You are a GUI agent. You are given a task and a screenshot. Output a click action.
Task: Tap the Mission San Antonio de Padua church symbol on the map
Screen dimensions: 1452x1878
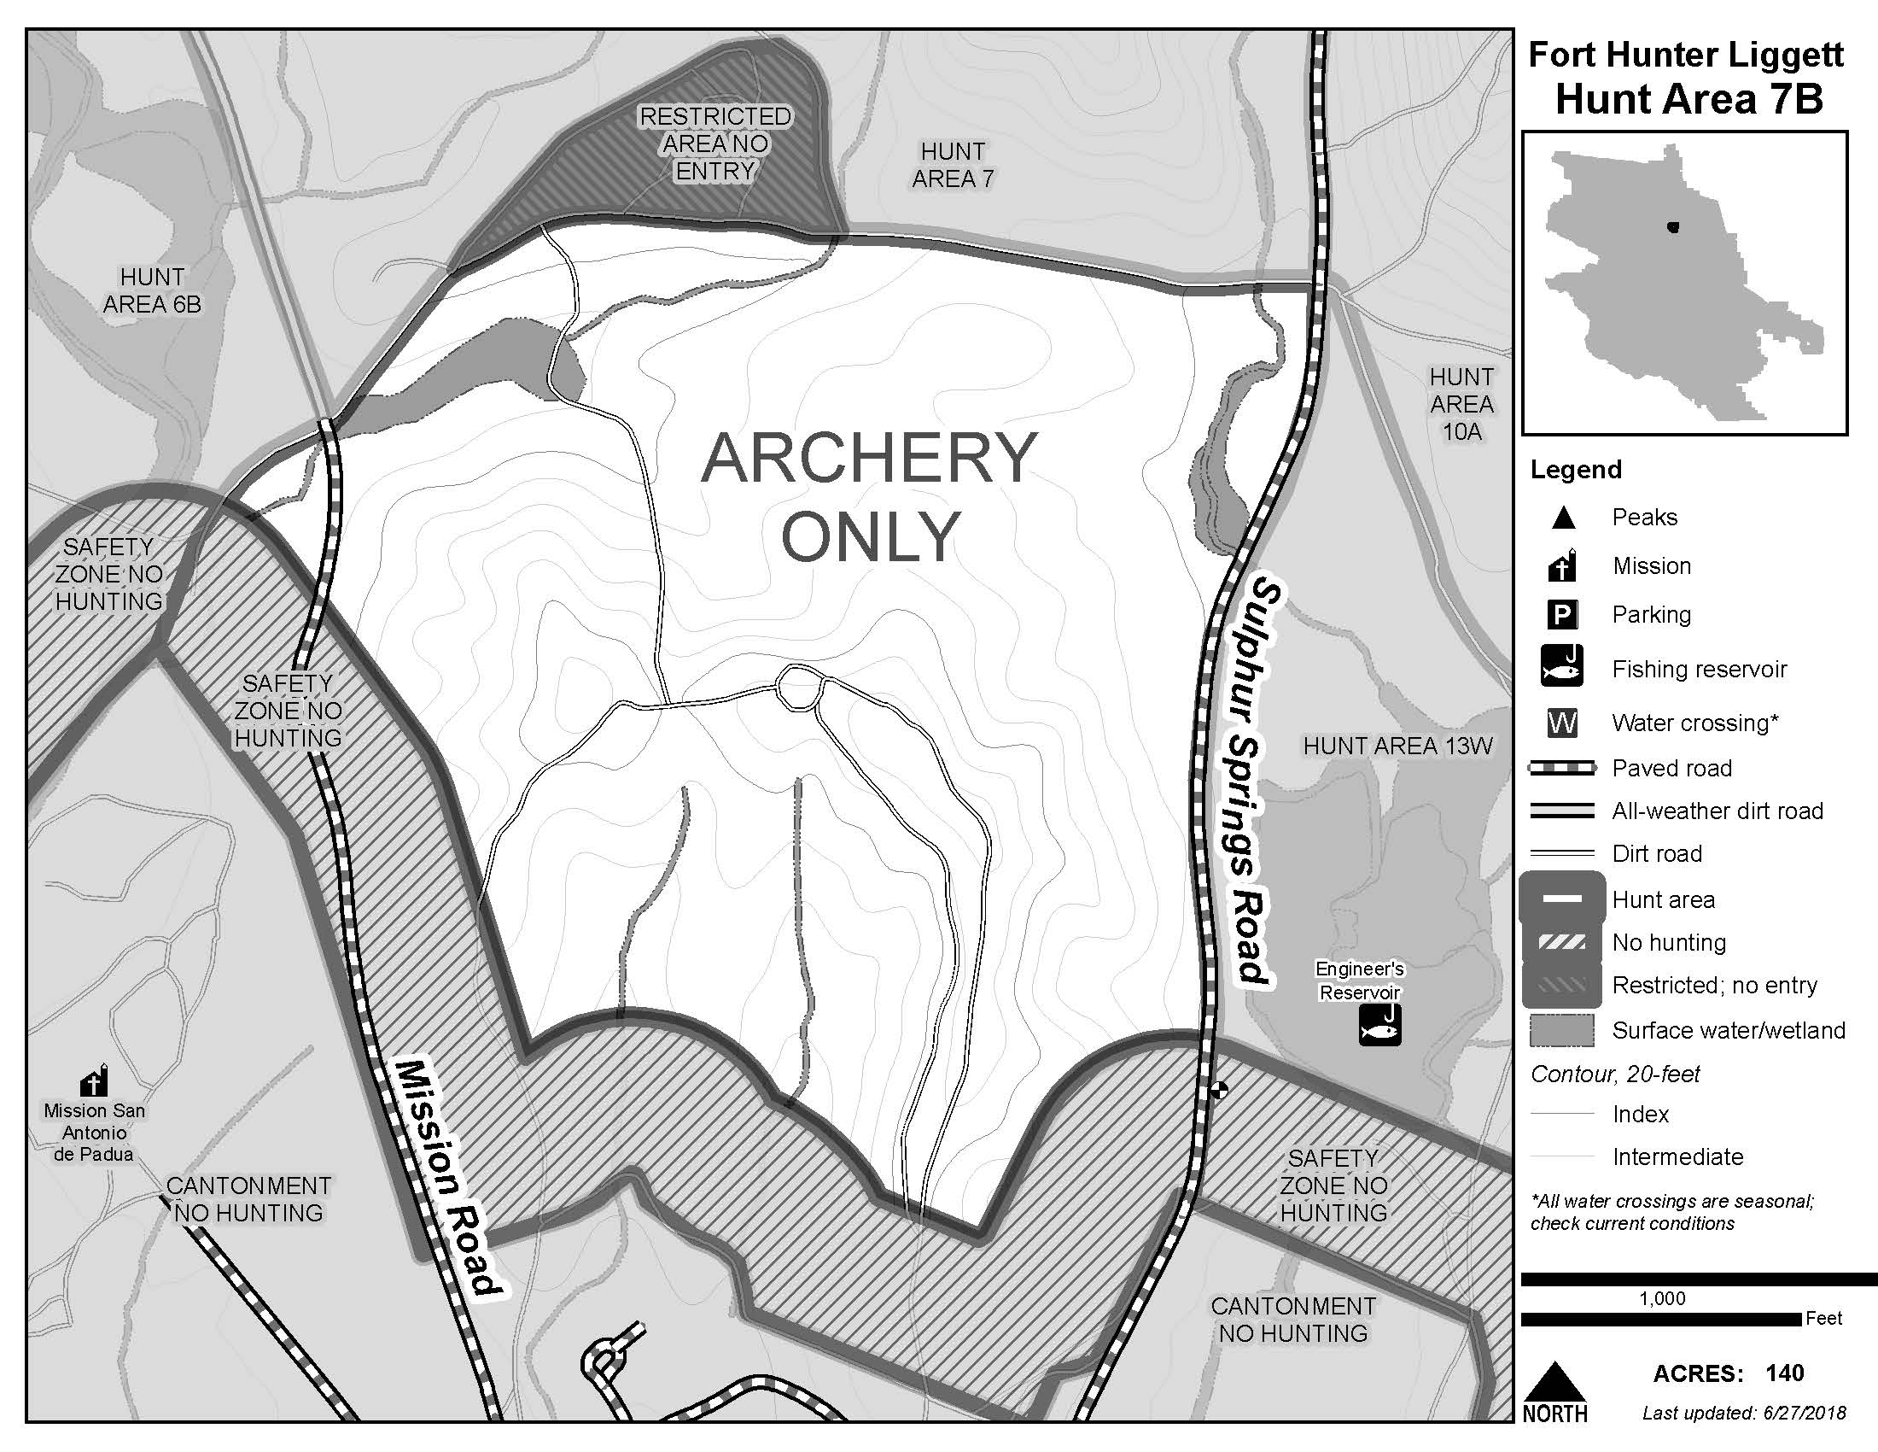coord(95,1080)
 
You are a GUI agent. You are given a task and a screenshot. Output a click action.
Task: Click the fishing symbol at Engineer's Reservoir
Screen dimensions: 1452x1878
coord(1379,1025)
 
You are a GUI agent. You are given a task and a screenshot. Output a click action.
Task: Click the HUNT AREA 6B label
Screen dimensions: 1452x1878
coord(152,290)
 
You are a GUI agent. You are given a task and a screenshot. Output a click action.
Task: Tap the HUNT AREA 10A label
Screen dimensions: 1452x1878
coord(1461,403)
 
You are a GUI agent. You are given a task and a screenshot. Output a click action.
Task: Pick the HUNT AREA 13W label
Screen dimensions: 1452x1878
coord(1397,746)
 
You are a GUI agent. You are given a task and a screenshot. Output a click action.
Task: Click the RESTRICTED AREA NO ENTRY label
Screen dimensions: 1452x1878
coord(714,143)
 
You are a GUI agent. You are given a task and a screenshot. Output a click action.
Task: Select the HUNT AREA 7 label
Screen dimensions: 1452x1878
coord(953,165)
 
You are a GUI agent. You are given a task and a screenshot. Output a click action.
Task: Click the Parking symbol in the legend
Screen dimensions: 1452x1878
coord(1561,615)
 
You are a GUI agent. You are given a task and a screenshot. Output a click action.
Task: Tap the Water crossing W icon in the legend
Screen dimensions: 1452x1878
coord(1561,723)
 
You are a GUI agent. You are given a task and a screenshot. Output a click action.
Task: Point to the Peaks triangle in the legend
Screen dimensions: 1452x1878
coord(1563,518)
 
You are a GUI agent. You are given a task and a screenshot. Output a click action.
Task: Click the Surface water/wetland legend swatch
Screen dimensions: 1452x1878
coord(1561,1031)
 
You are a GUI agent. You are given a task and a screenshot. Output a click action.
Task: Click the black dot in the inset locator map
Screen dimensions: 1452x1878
coord(1671,227)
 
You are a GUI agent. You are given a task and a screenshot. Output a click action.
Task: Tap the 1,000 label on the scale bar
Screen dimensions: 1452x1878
coord(1662,1298)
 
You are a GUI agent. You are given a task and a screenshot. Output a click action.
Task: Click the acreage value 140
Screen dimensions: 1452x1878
coord(1785,1373)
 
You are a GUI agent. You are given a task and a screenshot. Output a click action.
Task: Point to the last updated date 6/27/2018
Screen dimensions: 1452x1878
coord(1796,1413)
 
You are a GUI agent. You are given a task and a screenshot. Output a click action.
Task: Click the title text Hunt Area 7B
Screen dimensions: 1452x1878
coord(1688,99)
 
